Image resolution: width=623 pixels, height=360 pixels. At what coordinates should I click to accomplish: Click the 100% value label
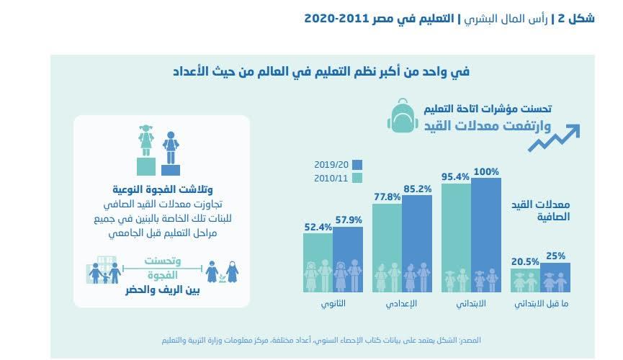point(487,171)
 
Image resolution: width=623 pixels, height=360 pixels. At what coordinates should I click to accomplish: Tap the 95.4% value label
point(455,176)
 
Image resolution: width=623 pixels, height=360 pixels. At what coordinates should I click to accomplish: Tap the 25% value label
point(556,255)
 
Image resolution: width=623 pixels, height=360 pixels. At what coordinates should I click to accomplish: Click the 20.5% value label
point(525,262)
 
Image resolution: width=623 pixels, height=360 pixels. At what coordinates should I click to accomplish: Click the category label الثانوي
point(333,303)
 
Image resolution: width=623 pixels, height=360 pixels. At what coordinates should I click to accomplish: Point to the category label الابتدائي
point(471,303)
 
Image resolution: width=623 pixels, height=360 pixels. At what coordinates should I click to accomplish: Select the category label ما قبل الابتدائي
point(539,303)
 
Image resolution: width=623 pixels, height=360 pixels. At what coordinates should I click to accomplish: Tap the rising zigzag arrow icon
point(555,138)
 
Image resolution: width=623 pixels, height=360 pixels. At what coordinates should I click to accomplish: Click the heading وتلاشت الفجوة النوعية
point(161,191)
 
